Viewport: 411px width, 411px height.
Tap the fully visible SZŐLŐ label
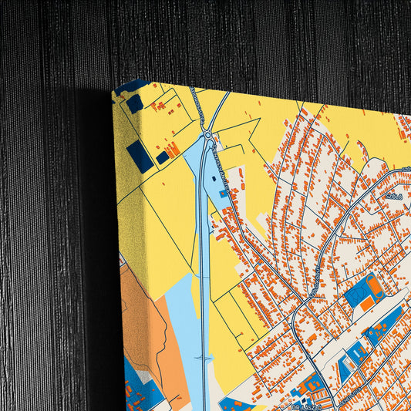click(x=393, y=196)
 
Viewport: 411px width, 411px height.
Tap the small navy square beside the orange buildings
click(x=162, y=157)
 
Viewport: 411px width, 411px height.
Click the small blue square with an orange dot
click(x=223, y=194)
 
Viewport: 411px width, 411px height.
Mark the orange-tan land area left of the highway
click(x=143, y=324)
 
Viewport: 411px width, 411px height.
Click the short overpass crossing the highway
click(x=204, y=358)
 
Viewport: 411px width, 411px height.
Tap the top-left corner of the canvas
click(x=113, y=92)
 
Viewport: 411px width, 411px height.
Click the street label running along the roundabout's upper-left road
click(x=197, y=113)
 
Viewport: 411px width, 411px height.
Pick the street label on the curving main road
click(x=313, y=281)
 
